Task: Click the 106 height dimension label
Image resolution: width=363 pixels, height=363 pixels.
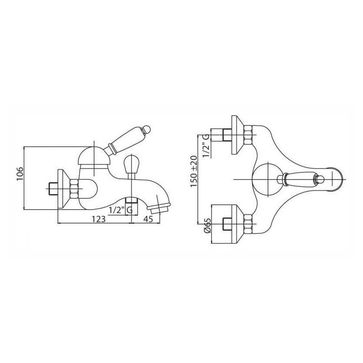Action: click(20, 173)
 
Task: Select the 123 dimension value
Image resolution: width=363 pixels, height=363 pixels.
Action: click(98, 219)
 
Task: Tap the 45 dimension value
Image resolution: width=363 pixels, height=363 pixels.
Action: click(149, 219)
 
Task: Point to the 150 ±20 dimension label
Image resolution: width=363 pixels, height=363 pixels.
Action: click(194, 172)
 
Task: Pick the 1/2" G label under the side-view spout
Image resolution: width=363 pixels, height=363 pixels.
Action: click(121, 210)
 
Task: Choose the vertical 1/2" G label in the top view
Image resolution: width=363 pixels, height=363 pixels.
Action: click(206, 146)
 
